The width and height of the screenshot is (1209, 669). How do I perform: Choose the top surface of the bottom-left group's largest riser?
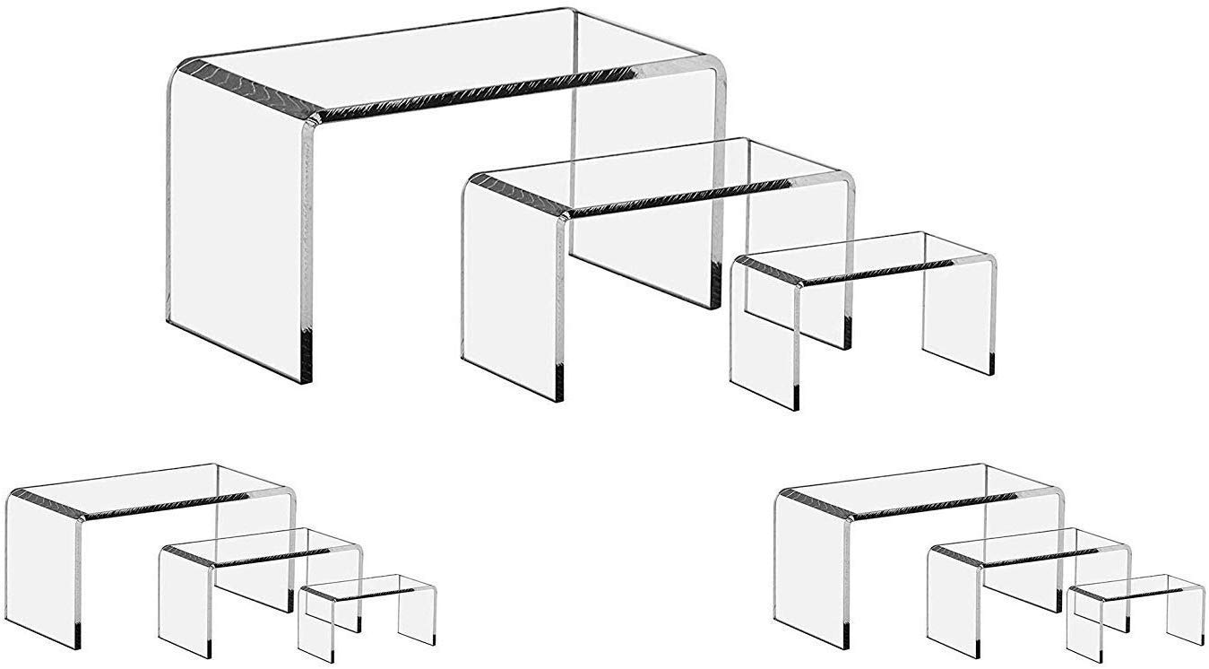click(152, 490)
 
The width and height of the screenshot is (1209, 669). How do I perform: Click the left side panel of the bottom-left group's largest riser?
click(43, 569)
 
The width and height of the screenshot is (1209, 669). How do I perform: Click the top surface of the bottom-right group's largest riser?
click(923, 490)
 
